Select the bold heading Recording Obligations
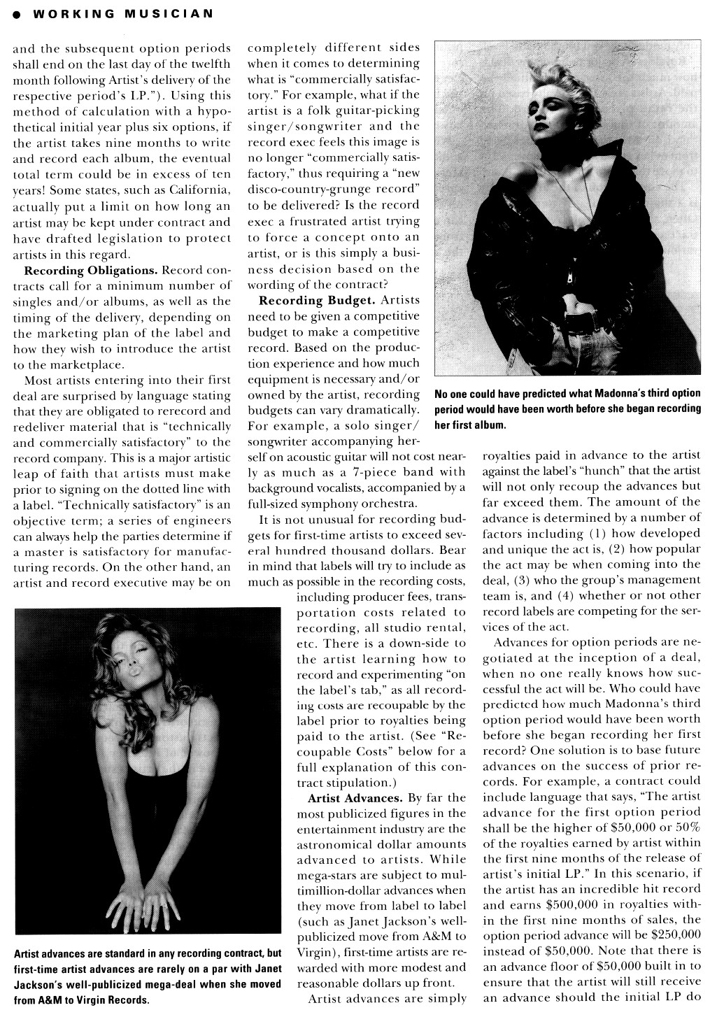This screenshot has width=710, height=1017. click(x=91, y=270)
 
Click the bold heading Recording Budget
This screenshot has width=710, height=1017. click(x=318, y=300)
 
